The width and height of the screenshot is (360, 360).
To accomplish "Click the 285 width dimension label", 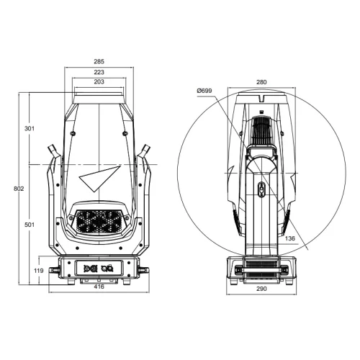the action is coord(99,61).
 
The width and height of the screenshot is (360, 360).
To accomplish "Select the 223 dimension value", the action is coord(99,72).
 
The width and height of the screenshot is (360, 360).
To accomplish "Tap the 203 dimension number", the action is coord(99,81).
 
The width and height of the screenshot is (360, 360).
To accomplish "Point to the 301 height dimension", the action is coord(30,128).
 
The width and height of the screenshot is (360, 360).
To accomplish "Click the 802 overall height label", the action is coord(19,189).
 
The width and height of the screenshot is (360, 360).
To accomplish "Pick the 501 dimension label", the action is coord(30,225).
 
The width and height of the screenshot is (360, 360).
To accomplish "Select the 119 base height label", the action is coord(38,271).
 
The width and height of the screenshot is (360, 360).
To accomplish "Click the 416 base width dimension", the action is coord(99,287).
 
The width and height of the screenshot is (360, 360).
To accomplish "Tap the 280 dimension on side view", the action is coord(261,82).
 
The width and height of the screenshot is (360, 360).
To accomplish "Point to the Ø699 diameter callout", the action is coord(204,91).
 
